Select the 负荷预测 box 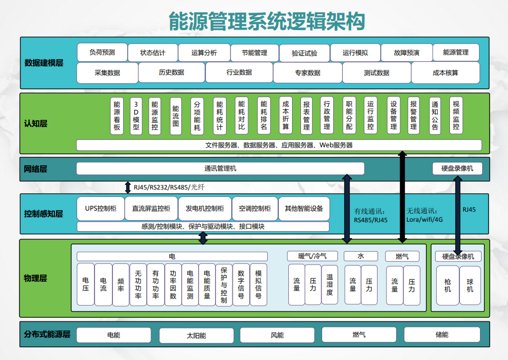[102, 53]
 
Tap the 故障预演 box [407, 53]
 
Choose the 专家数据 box [307, 73]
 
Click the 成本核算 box [445, 73]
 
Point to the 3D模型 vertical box [136, 116]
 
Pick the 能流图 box [176, 116]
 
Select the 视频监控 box [456, 116]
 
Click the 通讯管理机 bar [220, 168]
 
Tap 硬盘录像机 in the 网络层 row [457, 168]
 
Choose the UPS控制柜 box [100, 209]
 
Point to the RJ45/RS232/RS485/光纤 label [168, 187]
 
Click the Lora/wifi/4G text [424, 220]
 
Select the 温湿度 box [330, 285]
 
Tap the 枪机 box [448, 285]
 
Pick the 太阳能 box [196, 335]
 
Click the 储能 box [442, 335]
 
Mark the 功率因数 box [173, 285]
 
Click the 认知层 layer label [36, 124]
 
